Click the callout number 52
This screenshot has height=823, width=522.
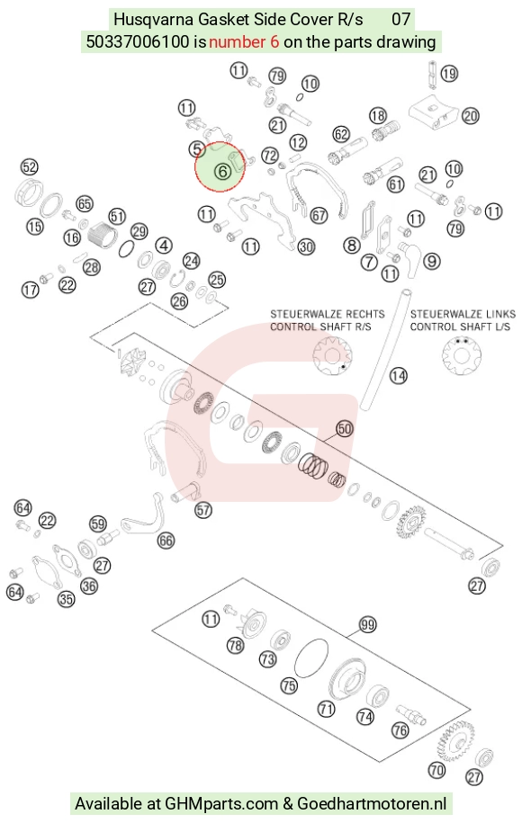coord(30,167)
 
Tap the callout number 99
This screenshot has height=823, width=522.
coord(367,624)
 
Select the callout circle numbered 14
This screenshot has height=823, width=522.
coord(398,375)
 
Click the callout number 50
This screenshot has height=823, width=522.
coord(345,429)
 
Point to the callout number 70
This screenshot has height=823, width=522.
coord(436,770)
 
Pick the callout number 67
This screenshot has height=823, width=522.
coord(319,215)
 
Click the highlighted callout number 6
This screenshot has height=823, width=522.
coord(222,171)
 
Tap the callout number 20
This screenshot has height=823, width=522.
coord(470,115)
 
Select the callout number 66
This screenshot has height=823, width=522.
coord(166,540)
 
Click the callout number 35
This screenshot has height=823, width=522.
coord(67,599)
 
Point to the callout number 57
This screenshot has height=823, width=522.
coord(203,510)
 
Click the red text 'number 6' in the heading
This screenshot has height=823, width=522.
coord(244,41)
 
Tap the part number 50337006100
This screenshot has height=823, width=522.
coord(138,41)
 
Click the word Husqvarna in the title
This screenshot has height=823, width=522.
coord(155,20)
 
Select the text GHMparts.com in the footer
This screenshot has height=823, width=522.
coord(221,803)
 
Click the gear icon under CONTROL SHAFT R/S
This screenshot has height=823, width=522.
coord(332,355)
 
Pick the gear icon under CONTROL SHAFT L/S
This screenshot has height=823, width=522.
coord(462,355)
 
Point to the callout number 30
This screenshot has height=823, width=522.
coord(306,246)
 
